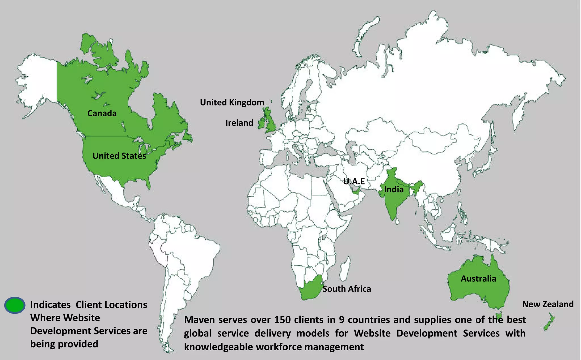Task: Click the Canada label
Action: pos(102,113)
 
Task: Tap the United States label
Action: pos(119,156)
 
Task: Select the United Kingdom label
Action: pos(232,102)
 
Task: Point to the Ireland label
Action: pos(239,123)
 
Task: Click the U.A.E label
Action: pos(354,181)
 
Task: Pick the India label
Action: pos(393,190)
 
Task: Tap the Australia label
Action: pos(478,279)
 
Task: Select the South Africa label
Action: pos(347,289)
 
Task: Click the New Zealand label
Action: pos(548,304)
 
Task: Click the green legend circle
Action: pos(15,305)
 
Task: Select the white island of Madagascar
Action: pos(345,268)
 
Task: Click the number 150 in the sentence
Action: pos(282,320)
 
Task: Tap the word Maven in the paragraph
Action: pos(198,320)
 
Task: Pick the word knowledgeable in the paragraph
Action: pos(218,347)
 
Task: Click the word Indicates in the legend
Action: pos(50,305)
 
